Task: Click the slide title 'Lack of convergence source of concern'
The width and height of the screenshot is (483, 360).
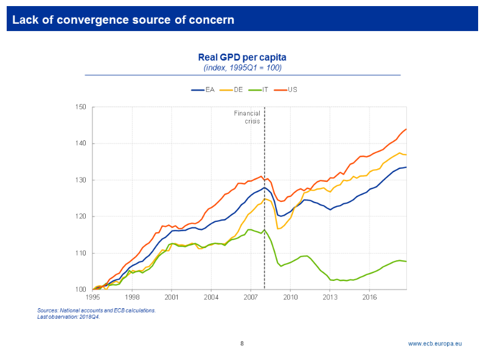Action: pyautogui.click(x=123, y=19)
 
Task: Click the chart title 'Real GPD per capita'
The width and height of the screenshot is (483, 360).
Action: pyautogui.click(x=242, y=57)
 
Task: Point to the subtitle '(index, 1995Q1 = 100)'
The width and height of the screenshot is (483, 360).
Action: pyautogui.click(x=242, y=67)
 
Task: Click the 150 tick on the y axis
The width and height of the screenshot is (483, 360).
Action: pyautogui.click(x=81, y=107)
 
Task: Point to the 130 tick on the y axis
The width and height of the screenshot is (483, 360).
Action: pyautogui.click(x=81, y=180)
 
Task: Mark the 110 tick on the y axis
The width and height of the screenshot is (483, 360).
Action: pyautogui.click(x=81, y=253)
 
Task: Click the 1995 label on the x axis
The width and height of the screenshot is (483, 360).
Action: pyautogui.click(x=92, y=297)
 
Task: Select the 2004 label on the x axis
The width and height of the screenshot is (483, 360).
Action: pyautogui.click(x=211, y=297)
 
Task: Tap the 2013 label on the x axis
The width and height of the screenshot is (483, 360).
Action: pyautogui.click(x=330, y=297)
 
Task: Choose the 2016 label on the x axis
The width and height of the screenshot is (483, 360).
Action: pyautogui.click(x=369, y=297)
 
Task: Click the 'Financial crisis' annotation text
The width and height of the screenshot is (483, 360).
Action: pyautogui.click(x=248, y=117)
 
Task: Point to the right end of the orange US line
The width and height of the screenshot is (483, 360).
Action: pyautogui.click(x=406, y=129)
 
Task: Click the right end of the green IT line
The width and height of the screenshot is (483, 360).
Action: pyautogui.click(x=406, y=261)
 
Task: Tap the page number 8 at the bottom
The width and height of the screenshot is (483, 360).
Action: pyautogui.click(x=241, y=344)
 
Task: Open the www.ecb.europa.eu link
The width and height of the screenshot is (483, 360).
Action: pyautogui.click(x=434, y=344)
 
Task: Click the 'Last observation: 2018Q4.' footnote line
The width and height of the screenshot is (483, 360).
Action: pyautogui.click(x=68, y=317)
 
